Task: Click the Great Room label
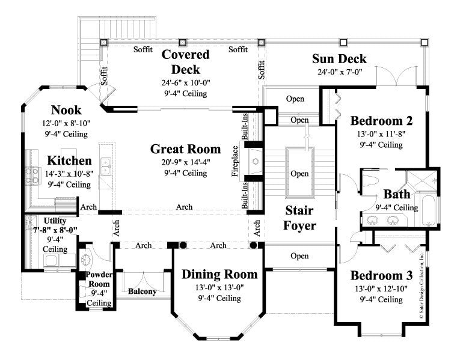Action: click(x=185, y=149)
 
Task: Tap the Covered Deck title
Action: click(x=185, y=61)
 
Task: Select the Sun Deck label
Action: click(x=339, y=59)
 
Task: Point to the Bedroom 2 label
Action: click(x=381, y=120)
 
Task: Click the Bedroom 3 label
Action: click(x=381, y=276)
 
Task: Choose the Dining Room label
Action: click(x=219, y=275)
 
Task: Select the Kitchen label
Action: click(x=69, y=160)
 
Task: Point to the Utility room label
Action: click(x=55, y=221)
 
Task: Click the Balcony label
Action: click(x=143, y=292)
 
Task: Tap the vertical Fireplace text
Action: click(x=236, y=160)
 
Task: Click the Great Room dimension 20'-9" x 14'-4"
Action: click(x=185, y=162)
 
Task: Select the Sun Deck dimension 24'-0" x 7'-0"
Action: click(x=339, y=72)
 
